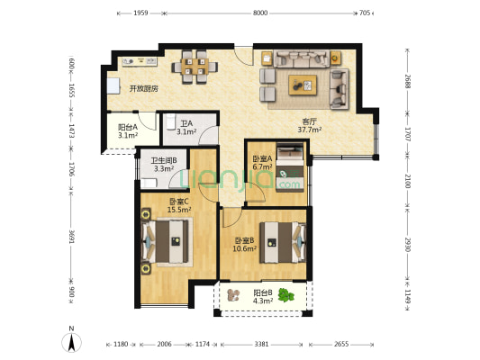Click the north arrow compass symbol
72,342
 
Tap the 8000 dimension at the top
260,13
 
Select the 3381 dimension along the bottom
261,345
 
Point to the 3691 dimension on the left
71,237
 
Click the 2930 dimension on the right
407,245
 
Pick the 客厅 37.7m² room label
310,126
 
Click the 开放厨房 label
143,89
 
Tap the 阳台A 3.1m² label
128,130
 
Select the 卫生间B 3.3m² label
164,165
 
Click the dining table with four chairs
195,67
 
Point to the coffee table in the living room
303,85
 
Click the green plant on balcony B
285,295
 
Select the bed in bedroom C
168,241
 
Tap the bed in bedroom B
283,242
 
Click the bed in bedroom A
290,167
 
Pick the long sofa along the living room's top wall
302,58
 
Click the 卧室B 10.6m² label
245,245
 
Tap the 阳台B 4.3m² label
263,297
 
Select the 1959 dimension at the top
140,13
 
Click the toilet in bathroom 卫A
170,122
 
